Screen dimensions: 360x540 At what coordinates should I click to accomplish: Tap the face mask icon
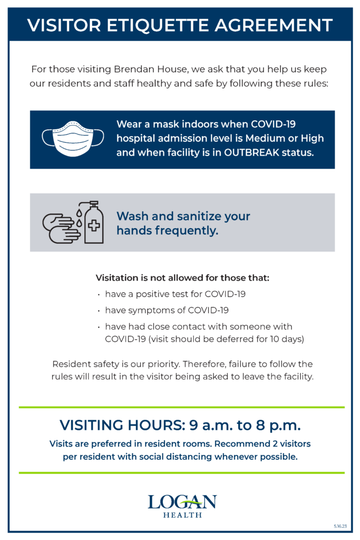(x=73, y=139)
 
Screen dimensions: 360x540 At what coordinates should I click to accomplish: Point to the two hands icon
(x=61, y=228)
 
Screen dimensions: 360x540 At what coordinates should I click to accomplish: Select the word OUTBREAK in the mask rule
(x=251, y=152)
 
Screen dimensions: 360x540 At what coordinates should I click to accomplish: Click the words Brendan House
(x=151, y=69)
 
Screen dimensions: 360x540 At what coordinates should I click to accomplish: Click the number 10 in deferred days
(x=274, y=339)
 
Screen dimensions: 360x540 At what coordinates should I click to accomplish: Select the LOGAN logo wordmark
(x=182, y=502)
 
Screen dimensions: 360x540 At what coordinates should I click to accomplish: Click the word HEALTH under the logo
(x=182, y=515)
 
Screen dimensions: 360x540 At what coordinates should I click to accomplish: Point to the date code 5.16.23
(x=340, y=526)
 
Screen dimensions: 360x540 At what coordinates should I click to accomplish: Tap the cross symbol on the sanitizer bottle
(x=94, y=226)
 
